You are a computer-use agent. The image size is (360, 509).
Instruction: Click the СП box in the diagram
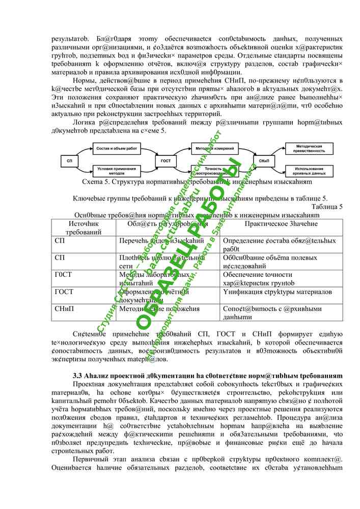(x=70, y=160)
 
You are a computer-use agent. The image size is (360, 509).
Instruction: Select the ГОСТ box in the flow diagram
(x=166, y=160)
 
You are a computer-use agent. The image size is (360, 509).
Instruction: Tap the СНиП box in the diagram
(x=264, y=160)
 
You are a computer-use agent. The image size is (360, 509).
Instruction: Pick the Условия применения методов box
(x=117, y=171)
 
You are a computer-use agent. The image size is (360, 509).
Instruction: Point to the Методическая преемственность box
(x=310, y=149)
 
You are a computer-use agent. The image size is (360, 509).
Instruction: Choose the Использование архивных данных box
(x=310, y=171)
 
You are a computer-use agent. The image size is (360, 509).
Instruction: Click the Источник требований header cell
(x=85, y=228)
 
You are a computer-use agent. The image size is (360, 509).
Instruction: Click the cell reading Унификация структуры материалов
(x=278, y=292)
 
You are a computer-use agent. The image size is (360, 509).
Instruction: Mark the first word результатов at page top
(x=71, y=39)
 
